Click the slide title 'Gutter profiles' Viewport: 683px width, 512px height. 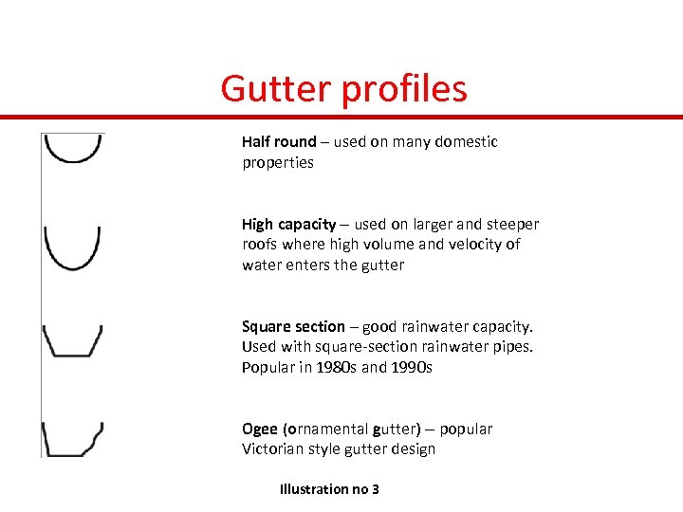[x=343, y=88]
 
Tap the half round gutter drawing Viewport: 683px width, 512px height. [x=73, y=149]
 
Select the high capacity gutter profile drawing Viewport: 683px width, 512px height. [x=72, y=247]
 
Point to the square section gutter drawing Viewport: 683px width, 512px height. [x=73, y=340]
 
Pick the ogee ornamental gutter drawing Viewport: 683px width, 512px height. [x=73, y=440]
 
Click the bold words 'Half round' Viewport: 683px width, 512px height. [x=279, y=141]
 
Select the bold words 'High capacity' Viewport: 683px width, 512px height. [x=288, y=225]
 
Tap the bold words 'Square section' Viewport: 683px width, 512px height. [x=293, y=326]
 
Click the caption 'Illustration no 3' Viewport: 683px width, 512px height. [x=329, y=489]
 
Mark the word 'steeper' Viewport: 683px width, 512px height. [x=511, y=225]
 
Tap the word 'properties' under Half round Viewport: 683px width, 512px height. [x=277, y=162]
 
